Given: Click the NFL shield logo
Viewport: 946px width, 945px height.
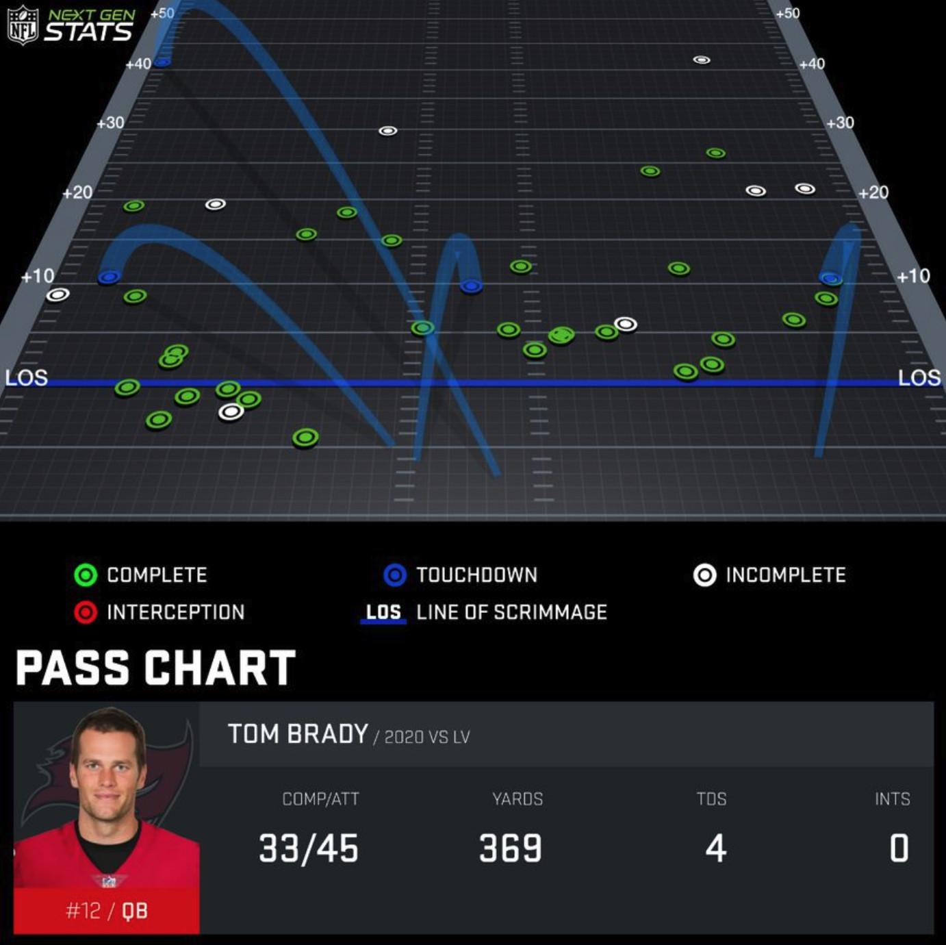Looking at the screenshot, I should [22, 25].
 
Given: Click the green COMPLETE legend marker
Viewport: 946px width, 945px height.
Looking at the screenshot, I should [86, 575].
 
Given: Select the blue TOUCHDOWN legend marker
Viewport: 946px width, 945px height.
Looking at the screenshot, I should [395, 575].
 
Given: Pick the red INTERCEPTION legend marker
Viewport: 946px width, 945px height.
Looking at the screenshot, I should [86, 612].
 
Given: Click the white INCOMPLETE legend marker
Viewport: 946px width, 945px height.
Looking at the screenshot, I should [704, 575].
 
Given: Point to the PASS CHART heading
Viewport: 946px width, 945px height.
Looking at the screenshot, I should [155, 668].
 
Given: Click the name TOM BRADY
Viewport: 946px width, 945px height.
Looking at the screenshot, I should [298, 734].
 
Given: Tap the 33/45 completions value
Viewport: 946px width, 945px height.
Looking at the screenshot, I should [309, 848].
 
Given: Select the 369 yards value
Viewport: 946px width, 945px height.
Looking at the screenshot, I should [511, 848].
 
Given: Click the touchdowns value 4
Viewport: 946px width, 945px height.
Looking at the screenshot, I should [715, 848].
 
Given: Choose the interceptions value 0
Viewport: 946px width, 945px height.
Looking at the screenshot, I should [898, 848].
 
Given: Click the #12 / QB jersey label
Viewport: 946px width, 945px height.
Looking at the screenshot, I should [106, 910].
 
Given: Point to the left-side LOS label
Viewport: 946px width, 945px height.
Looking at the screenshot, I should [26, 377].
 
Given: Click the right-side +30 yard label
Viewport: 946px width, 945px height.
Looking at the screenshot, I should [840, 123].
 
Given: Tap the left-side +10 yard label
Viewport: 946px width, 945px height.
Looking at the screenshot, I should [38, 276].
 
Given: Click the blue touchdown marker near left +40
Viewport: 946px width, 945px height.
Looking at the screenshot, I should [162, 62].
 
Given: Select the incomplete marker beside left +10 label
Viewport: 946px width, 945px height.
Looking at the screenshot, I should [57, 294].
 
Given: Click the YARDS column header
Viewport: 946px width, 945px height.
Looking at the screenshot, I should [517, 798].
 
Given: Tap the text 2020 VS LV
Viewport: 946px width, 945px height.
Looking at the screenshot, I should [426, 737].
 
